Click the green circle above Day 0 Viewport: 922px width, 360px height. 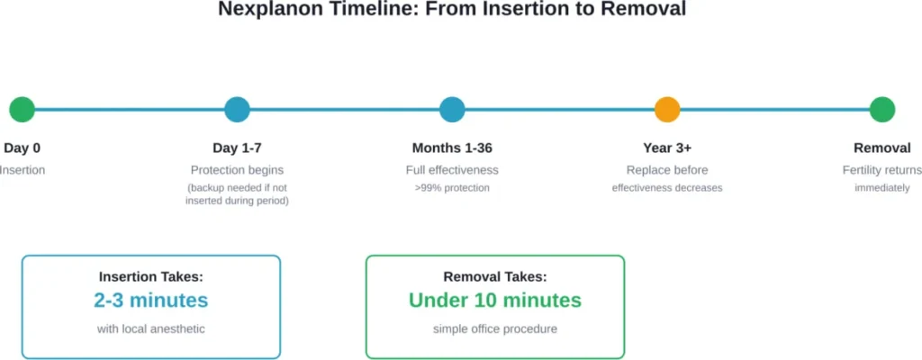click(x=22, y=110)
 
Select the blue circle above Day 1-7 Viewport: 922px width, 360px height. click(x=237, y=110)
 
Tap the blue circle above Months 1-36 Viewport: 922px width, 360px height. click(x=452, y=110)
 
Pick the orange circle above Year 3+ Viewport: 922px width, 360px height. click(x=667, y=110)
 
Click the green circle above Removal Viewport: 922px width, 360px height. click(x=882, y=110)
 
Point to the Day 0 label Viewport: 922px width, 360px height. click(x=22, y=148)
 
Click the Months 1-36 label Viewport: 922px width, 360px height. click(x=452, y=148)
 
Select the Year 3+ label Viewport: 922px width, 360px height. click(x=667, y=148)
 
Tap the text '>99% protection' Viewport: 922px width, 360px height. click(x=452, y=188)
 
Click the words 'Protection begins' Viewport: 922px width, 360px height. click(x=237, y=170)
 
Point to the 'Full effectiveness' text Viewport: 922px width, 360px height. click(x=452, y=170)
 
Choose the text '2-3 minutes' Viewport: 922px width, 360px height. click(x=150, y=301)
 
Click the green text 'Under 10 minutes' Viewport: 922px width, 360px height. click(x=494, y=301)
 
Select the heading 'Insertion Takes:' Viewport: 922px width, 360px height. click(x=150, y=277)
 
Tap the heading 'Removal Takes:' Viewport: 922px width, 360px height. click(x=494, y=277)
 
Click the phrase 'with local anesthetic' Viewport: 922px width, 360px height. click(x=150, y=329)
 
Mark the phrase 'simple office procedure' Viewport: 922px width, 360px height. click(x=494, y=329)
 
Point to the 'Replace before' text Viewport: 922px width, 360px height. click(x=667, y=170)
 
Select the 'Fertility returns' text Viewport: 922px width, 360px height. click(x=882, y=170)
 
